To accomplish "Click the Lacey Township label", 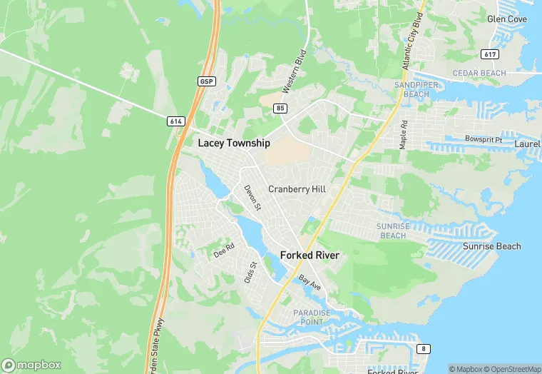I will pyautogui.click(x=234, y=143).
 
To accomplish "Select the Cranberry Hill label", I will pyautogui.click(x=297, y=189).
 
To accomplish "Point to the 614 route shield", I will pyautogui.click(x=176, y=121).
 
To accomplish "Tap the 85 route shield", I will pyautogui.click(x=280, y=108).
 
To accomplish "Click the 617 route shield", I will pyautogui.click(x=489, y=54).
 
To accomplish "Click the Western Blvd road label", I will pyautogui.click(x=294, y=71).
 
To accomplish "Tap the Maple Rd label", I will pyautogui.click(x=404, y=133).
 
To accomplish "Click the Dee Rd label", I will pyautogui.click(x=224, y=253).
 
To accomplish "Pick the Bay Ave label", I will pyautogui.click(x=310, y=282).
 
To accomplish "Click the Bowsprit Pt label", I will pyautogui.click(x=484, y=139).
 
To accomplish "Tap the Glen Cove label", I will pyautogui.click(x=506, y=19).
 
